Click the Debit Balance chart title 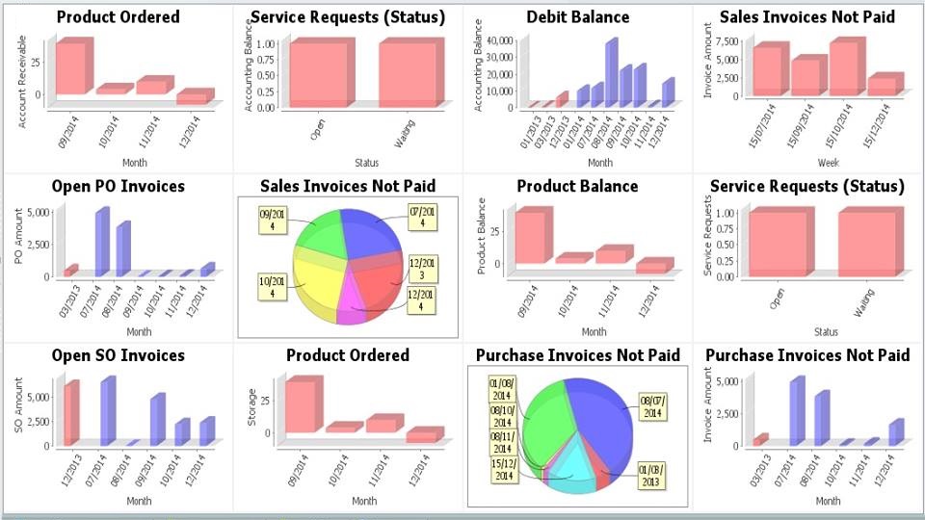(578, 17)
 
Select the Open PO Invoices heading (119, 186)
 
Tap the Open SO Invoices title (119, 355)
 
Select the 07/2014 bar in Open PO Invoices (101, 244)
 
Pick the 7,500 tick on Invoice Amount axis (727, 42)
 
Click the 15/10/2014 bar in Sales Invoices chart (842, 67)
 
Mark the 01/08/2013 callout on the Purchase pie (650, 475)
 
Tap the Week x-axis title (828, 163)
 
